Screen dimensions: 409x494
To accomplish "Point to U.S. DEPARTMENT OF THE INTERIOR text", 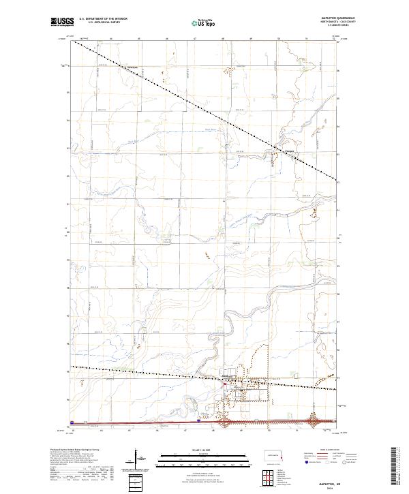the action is click(x=103, y=20).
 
